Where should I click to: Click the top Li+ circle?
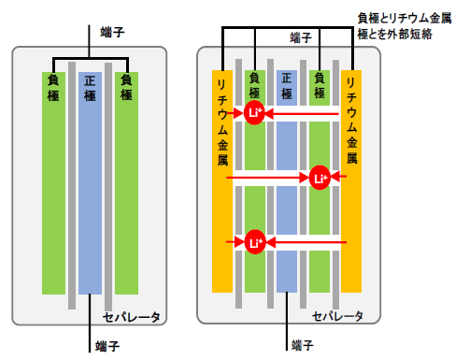click(255, 112)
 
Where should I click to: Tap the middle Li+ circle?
click(320, 176)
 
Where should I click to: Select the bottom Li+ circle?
click(255, 240)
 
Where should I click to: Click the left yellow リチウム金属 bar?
click(222, 187)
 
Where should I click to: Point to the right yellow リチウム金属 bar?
click(351, 187)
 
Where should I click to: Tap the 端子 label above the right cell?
click(300, 37)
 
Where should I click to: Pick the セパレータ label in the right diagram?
click(337, 316)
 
